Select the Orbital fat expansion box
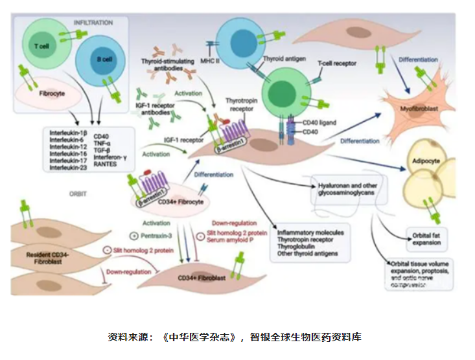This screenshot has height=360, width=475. point(426,238)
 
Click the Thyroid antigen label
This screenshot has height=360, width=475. point(284,58)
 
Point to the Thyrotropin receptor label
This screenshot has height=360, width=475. point(241,105)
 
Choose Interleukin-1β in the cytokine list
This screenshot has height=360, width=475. point(69,133)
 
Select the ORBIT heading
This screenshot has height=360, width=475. point(79,193)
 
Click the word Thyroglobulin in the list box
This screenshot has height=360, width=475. point(298,246)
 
